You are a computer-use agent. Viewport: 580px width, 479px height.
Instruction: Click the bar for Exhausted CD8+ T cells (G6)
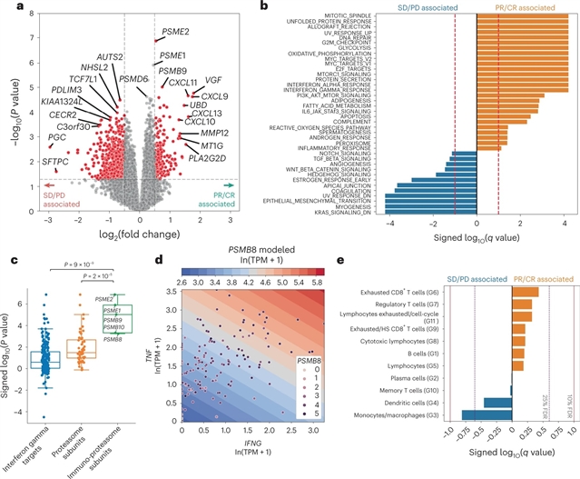coord(525,292)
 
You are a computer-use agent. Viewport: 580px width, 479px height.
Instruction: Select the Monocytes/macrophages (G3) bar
coord(486,415)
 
